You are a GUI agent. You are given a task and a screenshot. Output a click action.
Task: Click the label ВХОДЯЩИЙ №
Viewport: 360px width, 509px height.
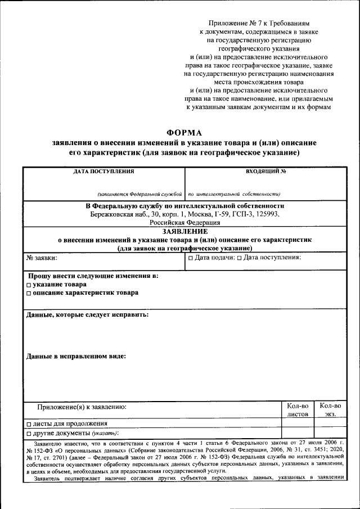(x=266, y=171)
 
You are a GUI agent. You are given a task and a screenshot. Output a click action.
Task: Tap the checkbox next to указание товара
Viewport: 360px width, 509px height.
(x=29, y=285)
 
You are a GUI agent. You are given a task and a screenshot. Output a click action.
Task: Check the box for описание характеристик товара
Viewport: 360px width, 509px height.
(x=29, y=293)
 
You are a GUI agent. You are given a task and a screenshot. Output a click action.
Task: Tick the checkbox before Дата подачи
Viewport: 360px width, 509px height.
(x=191, y=258)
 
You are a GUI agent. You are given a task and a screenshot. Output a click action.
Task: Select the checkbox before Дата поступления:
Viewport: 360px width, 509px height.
(x=240, y=258)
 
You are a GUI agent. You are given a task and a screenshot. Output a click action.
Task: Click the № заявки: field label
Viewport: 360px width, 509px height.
(x=42, y=258)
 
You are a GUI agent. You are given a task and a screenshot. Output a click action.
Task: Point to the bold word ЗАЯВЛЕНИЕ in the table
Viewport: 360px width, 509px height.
(x=185, y=231)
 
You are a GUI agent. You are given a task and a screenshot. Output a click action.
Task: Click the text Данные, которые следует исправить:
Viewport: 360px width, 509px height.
(x=87, y=315)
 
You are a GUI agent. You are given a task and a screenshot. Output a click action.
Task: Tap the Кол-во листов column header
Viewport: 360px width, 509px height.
(x=298, y=410)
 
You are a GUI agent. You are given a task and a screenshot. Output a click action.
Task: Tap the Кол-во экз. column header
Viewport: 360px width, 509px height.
(x=330, y=410)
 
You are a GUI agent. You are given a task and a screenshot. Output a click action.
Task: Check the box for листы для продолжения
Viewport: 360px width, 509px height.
(x=29, y=424)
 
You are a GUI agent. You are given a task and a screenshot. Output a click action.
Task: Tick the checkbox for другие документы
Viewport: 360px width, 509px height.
(x=29, y=434)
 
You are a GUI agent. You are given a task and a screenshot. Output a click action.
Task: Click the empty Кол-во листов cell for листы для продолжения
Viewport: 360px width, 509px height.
(x=298, y=424)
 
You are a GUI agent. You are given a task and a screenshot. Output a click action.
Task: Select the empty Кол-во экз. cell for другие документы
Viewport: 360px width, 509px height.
(x=330, y=434)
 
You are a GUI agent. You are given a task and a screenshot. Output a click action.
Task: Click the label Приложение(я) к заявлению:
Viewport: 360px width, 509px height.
(x=82, y=406)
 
